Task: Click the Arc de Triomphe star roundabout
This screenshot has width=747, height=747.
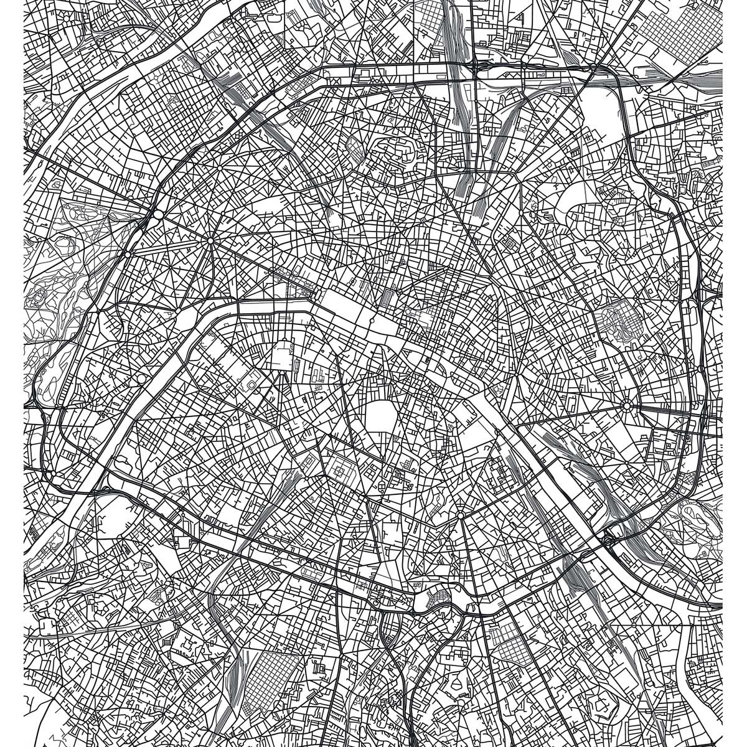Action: click(210, 240)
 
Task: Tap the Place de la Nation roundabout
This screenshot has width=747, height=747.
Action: click(627, 406)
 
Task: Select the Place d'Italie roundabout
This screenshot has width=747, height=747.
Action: click(459, 515)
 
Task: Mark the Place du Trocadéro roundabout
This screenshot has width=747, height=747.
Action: click(178, 309)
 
